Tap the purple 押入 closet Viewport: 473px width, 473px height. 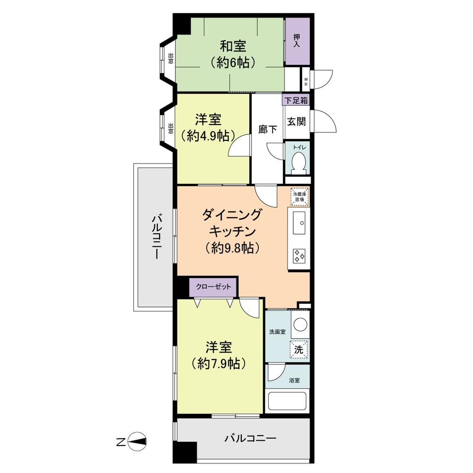[297, 42]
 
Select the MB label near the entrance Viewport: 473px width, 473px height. [306, 82]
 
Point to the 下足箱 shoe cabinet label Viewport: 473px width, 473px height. [297, 100]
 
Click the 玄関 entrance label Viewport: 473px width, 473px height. [297, 121]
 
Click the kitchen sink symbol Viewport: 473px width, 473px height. [299, 222]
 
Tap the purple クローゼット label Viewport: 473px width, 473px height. [213, 287]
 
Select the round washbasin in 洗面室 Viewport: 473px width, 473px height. [300, 324]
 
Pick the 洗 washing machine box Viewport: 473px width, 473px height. [299, 350]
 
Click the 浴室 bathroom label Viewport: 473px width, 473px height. [294, 380]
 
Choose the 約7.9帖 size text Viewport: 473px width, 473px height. [219, 364]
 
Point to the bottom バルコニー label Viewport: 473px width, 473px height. [250, 438]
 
